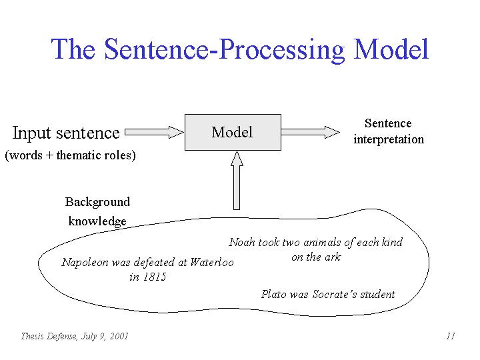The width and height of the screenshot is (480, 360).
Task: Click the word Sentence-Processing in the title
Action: (225, 50)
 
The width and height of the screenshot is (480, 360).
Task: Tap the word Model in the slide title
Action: (391, 49)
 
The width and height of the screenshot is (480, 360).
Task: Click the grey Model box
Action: (233, 132)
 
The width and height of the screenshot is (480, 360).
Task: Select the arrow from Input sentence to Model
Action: (154, 132)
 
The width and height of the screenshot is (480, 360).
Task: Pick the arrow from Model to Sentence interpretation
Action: (311, 132)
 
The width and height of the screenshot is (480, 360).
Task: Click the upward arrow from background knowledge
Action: (237, 180)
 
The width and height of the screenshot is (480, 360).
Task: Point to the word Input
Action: (31, 133)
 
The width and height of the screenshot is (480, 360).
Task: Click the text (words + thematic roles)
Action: (71, 155)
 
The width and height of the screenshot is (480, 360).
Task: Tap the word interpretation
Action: (389, 139)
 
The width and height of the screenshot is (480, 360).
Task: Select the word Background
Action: (97, 203)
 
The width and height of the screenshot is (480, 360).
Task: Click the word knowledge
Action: (97, 221)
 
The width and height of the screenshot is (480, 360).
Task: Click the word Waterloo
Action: (212, 262)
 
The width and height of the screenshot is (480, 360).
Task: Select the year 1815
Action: (155, 277)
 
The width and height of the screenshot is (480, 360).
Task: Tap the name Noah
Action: (242, 242)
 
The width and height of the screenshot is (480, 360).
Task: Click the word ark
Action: (333, 257)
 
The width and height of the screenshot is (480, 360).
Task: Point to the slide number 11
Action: (451, 336)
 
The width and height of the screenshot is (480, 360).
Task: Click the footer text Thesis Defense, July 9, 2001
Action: (75, 337)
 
